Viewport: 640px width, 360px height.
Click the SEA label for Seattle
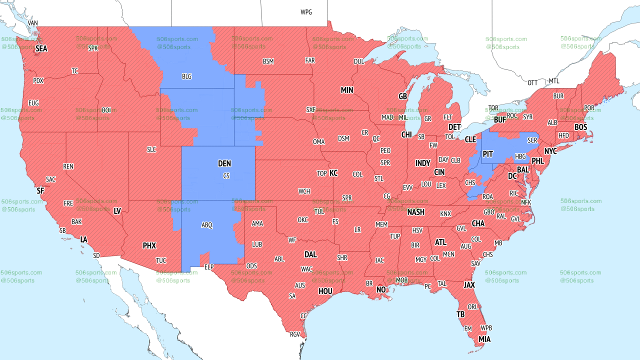click(x=41, y=48)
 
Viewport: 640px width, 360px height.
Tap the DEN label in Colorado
click(x=224, y=163)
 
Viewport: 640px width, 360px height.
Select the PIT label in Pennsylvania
click(x=487, y=154)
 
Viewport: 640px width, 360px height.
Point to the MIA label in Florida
click(x=484, y=339)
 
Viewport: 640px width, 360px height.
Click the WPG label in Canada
click(x=306, y=12)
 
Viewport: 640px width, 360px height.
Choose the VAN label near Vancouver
click(x=33, y=23)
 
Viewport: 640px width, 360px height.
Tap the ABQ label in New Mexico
click(x=207, y=225)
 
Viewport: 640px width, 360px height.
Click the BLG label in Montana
click(x=186, y=76)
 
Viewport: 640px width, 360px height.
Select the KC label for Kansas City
click(x=333, y=173)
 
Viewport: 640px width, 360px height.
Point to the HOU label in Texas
click(x=325, y=291)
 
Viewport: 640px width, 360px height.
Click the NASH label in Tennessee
click(x=415, y=212)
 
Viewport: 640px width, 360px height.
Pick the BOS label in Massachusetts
click(x=580, y=127)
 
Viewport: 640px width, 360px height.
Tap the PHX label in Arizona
click(x=149, y=245)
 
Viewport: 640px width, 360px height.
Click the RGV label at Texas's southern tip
click(x=295, y=334)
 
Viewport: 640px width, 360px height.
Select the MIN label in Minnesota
click(x=347, y=90)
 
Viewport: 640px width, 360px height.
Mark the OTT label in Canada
click(x=532, y=82)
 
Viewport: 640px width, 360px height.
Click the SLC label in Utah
click(x=151, y=149)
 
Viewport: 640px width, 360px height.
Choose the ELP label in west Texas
click(x=209, y=267)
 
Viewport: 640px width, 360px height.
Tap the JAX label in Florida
click(x=469, y=285)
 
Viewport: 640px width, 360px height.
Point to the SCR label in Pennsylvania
click(x=532, y=141)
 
